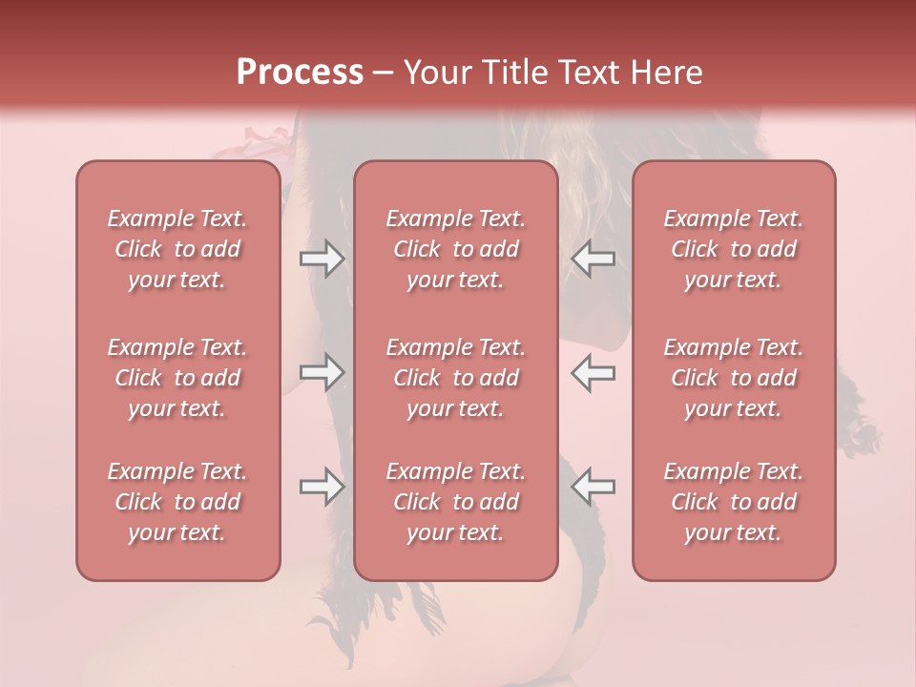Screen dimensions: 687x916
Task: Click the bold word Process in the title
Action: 300,72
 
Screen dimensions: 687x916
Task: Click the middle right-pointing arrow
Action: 323,372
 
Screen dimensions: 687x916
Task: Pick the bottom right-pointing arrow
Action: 323,487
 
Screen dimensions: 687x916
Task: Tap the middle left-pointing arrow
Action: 593,372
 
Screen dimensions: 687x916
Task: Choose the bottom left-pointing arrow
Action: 593,487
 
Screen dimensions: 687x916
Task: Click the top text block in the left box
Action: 177,249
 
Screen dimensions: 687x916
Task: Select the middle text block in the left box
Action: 177,378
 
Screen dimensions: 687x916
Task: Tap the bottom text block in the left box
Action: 177,502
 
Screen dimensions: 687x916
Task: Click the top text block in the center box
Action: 456,249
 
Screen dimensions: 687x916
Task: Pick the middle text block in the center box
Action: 456,378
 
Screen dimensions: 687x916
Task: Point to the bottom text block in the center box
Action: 456,502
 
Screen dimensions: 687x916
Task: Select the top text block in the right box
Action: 734,249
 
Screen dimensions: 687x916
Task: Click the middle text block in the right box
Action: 734,378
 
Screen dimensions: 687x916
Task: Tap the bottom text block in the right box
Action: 734,502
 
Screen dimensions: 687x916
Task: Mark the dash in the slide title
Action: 384,73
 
